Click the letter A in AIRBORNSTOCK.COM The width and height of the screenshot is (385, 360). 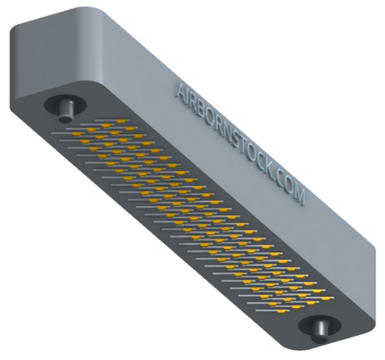point(182,90)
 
